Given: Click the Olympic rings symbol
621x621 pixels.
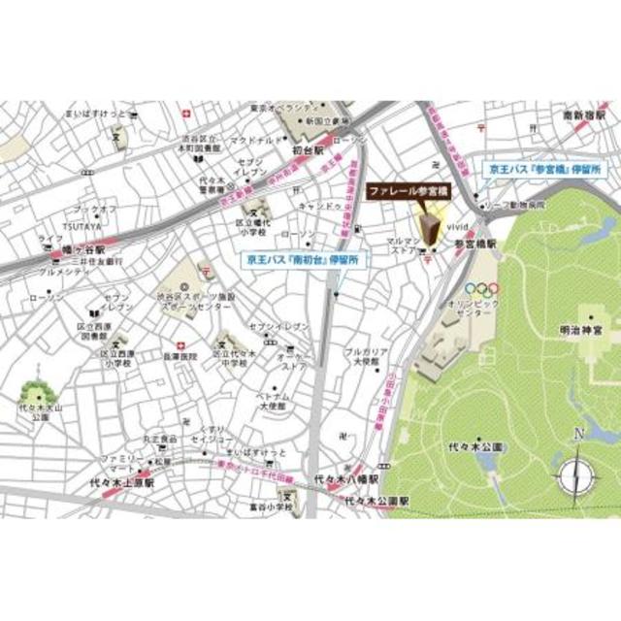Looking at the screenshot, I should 480,288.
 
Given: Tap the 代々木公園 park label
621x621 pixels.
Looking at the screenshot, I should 481,447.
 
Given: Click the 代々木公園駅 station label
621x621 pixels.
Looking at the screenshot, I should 376,501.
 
